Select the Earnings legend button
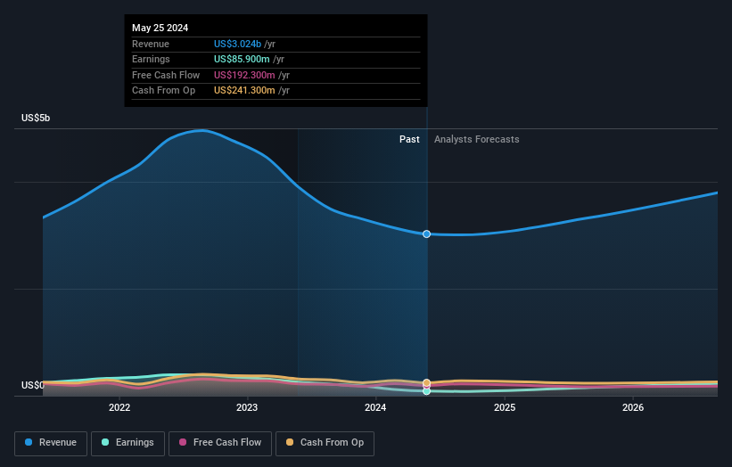tap(128, 443)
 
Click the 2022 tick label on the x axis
tap(119, 408)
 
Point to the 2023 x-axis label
tap(247, 408)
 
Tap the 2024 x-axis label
tap(375, 408)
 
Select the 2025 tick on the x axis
tap(505, 408)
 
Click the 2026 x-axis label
tap(633, 408)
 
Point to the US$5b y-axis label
tap(37, 118)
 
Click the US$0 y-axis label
tap(32, 386)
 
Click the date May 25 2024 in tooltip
tap(160, 29)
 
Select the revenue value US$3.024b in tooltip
tap(237, 45)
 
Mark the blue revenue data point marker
tap(427, 233)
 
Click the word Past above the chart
tap(409, 139)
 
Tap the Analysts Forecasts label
tap(476, 139)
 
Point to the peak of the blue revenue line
tap(203, 130)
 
